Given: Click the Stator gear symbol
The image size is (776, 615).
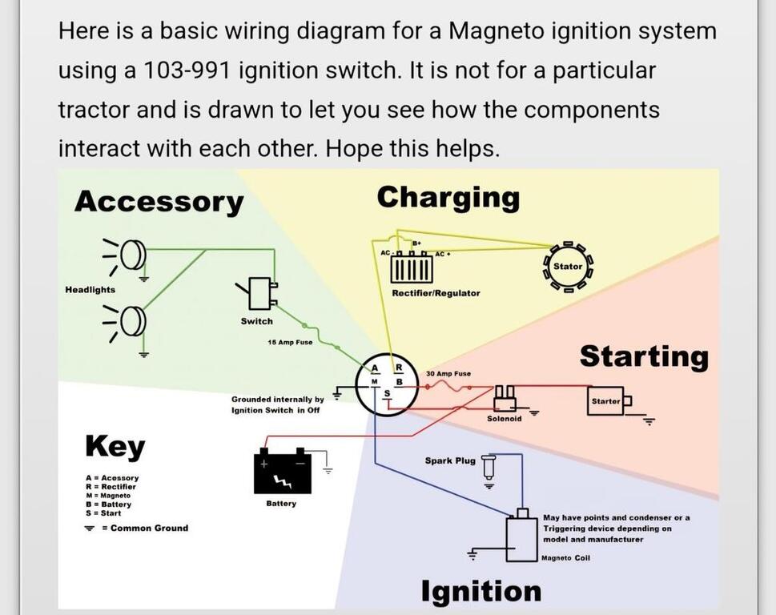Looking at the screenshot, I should click(x=568, y=267).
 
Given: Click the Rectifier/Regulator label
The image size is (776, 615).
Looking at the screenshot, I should click(x=436, y=293).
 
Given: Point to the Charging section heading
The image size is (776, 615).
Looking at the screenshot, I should click(x=448, y=197).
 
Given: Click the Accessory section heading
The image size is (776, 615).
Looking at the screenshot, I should click(x=159, y=202).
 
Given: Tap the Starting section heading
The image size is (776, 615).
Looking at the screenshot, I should click(x=644, y=356).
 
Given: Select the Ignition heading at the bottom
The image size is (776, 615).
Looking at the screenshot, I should click(x=481, y=591).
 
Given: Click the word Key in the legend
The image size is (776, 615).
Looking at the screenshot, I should click(x=115, y=447).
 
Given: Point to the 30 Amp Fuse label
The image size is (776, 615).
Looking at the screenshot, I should click(x=448, y=374).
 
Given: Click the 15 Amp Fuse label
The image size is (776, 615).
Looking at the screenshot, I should click(x=290, y=342).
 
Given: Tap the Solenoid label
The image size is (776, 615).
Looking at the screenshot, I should click(x=504, y=419).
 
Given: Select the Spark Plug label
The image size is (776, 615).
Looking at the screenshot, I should click(x=450, y=460).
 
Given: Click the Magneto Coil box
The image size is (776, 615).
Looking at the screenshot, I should click(x=521, y=539).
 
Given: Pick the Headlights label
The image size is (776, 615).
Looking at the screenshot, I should click(x=90, y=290).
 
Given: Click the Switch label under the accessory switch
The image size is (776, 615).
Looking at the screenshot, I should click(x=256, y=321).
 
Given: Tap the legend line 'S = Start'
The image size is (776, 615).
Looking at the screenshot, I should click(x=103, y=513).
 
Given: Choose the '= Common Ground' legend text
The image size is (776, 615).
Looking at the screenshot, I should click(x=145, y=529).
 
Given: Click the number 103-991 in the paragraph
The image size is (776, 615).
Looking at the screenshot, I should click(x=188, y=70).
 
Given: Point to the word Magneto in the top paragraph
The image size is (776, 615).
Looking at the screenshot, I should click(x=498, y=31).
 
